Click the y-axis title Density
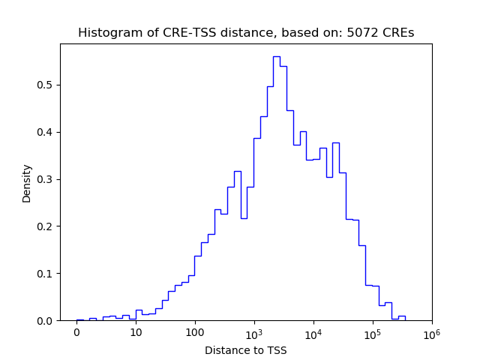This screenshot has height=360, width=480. pos(27,183)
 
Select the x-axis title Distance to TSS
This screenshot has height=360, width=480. pos(245,350)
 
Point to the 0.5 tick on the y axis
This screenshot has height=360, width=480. pos(47,85)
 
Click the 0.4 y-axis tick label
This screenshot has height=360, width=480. pos(47,132)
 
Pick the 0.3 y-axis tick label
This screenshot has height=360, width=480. pos(47,179)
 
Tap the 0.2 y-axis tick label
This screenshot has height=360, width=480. pos(47,226)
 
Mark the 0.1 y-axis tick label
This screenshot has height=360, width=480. pos(47,274)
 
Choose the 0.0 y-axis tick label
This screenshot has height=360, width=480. pos(47,321)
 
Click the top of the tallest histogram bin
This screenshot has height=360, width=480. pos(276,56)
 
